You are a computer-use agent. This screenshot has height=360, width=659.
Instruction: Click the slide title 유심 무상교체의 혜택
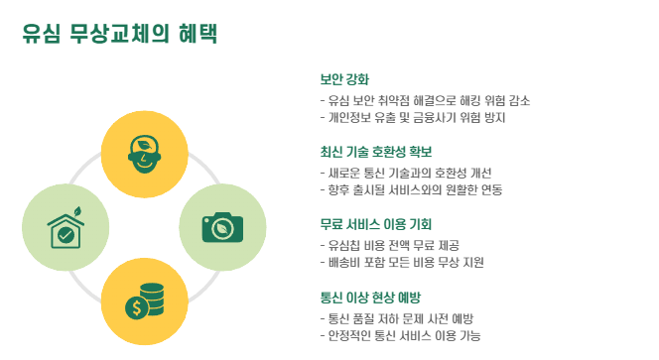tap(120, 33)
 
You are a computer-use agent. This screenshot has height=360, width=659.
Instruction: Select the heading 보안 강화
tap(344, 79)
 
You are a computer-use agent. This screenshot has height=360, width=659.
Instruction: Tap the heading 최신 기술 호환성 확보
tap(376, 152)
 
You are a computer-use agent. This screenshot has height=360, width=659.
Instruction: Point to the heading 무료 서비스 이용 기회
tap(376, 224)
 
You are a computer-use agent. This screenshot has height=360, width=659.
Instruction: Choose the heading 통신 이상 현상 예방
tap(370, 298)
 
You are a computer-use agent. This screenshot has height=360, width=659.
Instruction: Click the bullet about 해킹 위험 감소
tap(425, 100)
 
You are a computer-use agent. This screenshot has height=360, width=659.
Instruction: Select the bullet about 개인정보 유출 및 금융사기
tap(412, 118)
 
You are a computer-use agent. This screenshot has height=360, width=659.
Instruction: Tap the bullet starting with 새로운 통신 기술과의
tap(406, 174)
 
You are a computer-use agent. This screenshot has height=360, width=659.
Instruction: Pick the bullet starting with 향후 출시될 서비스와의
tap(411, 189)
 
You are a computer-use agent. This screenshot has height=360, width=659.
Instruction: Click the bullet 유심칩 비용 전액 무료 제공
tap(390, 245)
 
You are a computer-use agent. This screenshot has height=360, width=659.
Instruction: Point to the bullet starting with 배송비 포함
tap(402, 263)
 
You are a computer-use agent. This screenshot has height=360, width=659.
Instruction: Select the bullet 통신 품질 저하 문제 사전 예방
tap(397, 318)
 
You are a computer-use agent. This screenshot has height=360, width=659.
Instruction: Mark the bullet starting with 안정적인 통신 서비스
tap(400, 335)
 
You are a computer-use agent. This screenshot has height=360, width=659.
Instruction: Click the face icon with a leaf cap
tap(145, 154)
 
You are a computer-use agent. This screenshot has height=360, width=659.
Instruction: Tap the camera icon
tap(222, 227)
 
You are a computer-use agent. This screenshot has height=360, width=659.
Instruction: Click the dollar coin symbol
tap(136, 307)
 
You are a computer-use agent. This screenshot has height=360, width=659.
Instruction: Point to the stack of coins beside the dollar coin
tap(152, 299)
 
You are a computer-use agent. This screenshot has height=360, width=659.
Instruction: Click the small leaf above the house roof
tap(77, 211)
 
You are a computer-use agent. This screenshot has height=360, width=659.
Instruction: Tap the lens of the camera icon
tap(222, 229)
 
